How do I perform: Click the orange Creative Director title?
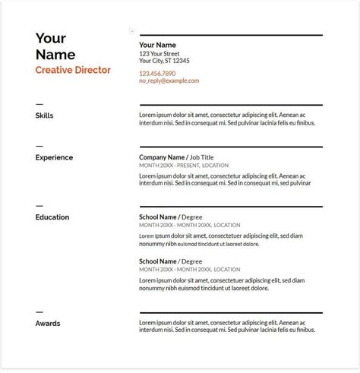click(73, 70)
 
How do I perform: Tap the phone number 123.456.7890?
click(158, 73)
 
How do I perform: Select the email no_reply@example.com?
click(169, 81)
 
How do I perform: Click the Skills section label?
click(44, 115)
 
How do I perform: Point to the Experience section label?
click(54, 157)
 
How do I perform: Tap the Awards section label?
click(47, 323)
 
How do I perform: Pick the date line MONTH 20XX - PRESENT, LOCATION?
click(185, 165)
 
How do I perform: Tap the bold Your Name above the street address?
click(158, 45)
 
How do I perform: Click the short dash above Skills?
click(39, 103)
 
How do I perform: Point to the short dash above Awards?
click(39, 311)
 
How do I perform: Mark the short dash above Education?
click(39, 205)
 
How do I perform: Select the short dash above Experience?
click(39, 145)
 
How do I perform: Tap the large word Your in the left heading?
click(51, 39)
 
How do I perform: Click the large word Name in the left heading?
click(55, 55)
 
